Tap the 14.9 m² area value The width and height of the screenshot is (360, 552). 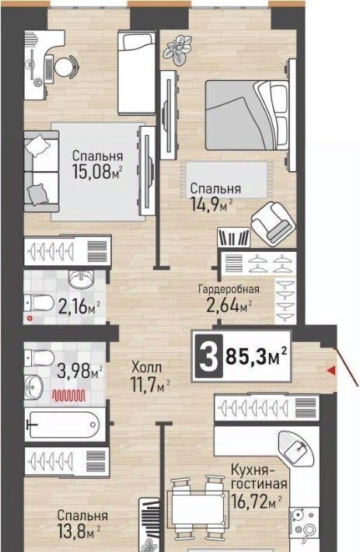click(212, 204)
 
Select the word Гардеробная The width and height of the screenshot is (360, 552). click(229, 290)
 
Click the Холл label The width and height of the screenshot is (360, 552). click(147, 368)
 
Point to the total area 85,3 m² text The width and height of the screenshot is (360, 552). click(256, 357)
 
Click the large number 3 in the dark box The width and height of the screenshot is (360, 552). click(208, 357)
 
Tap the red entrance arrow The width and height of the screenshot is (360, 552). click(330, 370)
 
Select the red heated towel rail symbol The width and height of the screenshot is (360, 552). click(69, 396)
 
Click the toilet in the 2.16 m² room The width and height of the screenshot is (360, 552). click(39, 302)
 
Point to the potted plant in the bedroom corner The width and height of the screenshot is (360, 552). click(179, 49)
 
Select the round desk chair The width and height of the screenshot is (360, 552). click(65, 67)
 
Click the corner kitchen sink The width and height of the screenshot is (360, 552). click(296, 448)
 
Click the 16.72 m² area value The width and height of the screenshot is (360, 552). click(257, 501)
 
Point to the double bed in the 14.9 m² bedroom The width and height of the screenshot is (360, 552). click(247, 115)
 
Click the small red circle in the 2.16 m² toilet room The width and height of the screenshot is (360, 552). click(30, 319)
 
